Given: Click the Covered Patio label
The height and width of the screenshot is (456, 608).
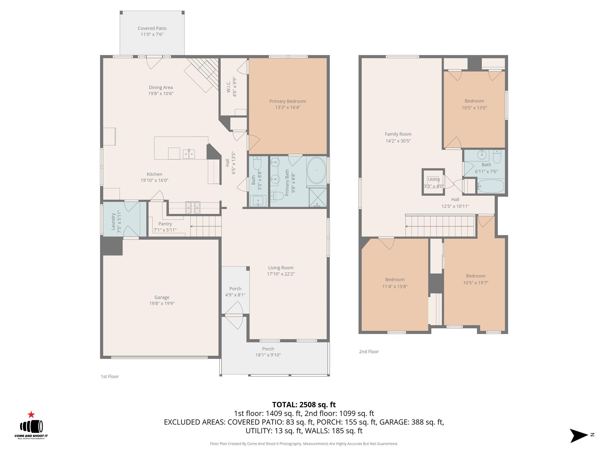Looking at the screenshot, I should [152, 28].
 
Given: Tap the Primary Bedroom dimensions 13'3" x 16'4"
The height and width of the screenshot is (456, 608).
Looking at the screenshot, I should [287, 107].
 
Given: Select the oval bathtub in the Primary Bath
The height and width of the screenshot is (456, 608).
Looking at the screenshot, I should [316, 171].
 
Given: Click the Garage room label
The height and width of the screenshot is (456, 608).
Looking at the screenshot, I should [161, 297].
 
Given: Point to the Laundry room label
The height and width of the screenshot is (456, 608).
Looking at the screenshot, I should [113, 221].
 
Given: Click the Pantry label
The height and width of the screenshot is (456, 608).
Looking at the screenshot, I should [165, 224].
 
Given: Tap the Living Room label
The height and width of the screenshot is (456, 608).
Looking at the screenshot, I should [281, 267].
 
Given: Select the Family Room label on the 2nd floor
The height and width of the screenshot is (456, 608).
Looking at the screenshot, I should [398, 134].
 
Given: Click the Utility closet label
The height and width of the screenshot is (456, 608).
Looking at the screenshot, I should [433, 180].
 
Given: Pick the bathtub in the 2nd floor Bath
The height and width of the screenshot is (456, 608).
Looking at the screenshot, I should [491, 186].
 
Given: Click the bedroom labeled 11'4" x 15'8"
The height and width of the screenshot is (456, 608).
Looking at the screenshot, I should [395, 283].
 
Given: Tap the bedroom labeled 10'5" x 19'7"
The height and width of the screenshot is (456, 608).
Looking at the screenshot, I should [475, 279].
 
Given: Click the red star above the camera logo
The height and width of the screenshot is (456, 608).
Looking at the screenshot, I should [31, 415].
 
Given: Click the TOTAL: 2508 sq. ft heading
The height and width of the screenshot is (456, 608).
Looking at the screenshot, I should [304, 405].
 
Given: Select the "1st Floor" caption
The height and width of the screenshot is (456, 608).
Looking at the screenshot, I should [110, 376].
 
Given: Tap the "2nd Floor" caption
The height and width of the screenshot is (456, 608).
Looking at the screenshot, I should [369, 351].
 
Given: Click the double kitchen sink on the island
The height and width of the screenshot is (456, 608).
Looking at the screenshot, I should [189, 154].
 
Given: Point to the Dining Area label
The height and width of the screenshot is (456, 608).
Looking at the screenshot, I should [161, 87].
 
